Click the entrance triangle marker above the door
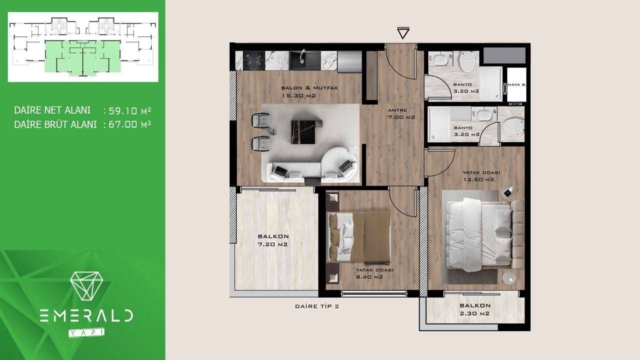pyautogui.click(x=403, y=33)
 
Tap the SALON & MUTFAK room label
pyautogui.click(x=303, y=91)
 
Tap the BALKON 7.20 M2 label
pyautogui.click(x=273, y=240)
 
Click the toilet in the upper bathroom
pyautogui.click(x=466, y=61)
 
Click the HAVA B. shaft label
pyautogui.click(x=516, y=85)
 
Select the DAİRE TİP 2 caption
pyautogui.click(x=317, y=307)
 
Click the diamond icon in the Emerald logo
pyautogui.click(x=86, y=285)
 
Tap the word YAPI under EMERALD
pyautogui.click(x=86, y=332)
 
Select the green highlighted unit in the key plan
pyautogui.click(x=82, y=57)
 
